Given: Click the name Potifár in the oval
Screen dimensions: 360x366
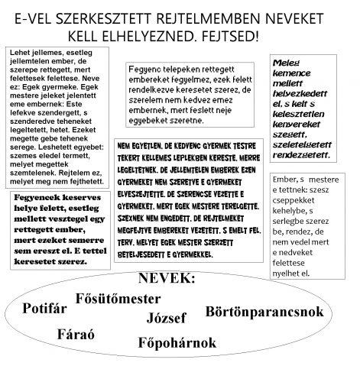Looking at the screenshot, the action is pos(47,309).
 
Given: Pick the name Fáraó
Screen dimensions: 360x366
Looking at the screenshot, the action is pos(76,334).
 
